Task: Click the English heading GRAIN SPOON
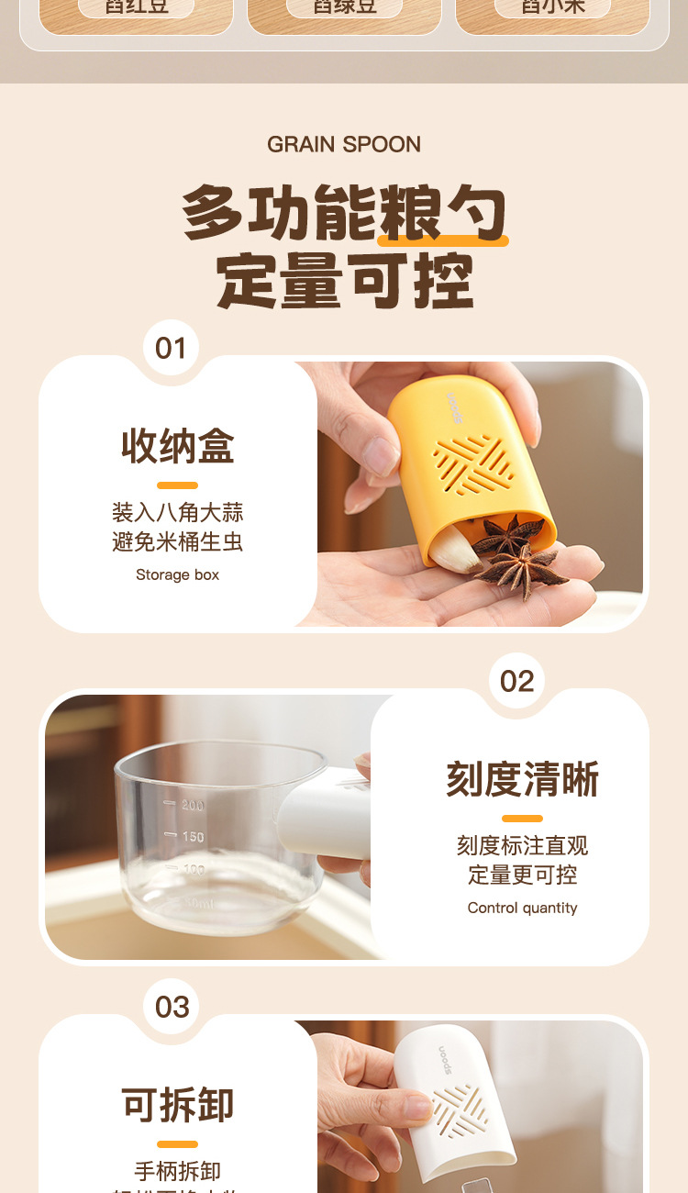344,144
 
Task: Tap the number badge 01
171,349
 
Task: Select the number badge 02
516,681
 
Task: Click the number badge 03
172,1007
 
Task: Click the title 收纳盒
178,446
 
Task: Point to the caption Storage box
177,575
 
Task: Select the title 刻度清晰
522,779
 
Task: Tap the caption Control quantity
522,908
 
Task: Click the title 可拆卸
178,1104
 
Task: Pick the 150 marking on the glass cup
192,837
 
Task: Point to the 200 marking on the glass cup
192,806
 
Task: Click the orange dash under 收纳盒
177,485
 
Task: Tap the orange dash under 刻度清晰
522,819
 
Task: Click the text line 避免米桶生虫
177,541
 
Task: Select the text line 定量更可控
522,875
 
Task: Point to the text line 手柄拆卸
177,1171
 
